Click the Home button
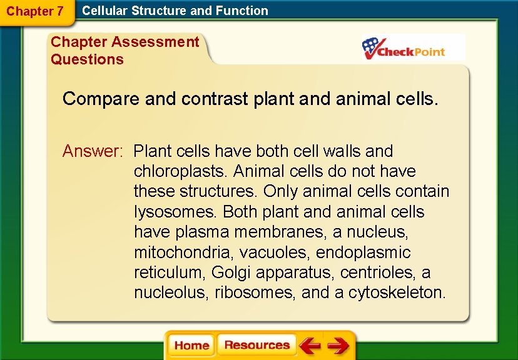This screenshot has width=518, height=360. [x=191, y=346]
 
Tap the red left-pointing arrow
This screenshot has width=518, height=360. [x=310, y=346]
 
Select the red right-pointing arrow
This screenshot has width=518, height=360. [x=338, y=346]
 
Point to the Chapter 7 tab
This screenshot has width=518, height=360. [x=35, y=11]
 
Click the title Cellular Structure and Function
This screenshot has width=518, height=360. [x=175, y=11]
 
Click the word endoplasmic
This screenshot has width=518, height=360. [x=363, y=252]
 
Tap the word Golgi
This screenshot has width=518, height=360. [x=230, y=272]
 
